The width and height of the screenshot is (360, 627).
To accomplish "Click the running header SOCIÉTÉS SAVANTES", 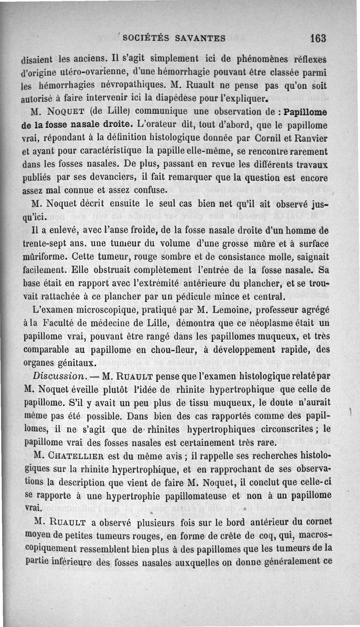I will pos(174,38).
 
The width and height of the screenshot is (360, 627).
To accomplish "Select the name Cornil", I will pos(267,136).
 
